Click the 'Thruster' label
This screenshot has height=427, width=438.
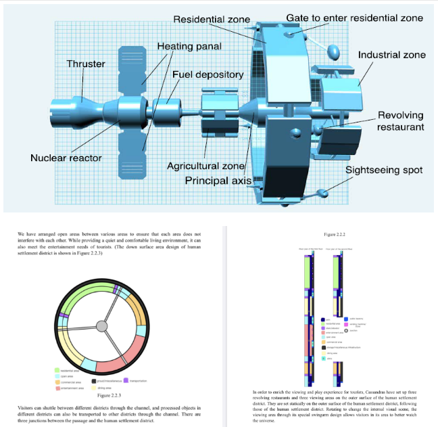coord(85,64)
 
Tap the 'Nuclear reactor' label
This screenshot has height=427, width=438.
coord(66,158)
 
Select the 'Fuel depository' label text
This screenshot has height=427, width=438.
coord(208,74)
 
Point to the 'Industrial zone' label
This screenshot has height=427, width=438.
coord(391,54)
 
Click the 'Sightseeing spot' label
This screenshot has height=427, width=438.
coord(383,170)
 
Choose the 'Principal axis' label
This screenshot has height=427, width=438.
coord(218,181)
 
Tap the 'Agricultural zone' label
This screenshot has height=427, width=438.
coord(205,165)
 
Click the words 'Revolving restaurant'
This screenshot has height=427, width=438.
coord(400,120)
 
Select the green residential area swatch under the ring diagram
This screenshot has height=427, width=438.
coord(58,371)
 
